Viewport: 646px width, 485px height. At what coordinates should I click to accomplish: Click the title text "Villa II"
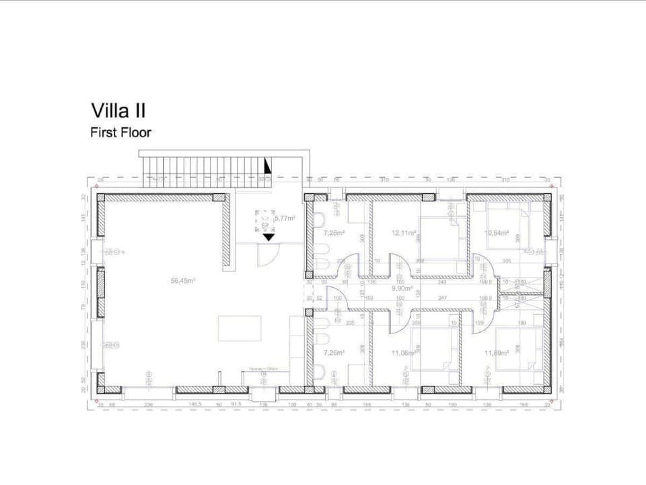pos(118,110)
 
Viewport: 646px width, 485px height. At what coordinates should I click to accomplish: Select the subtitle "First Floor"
pos(120,133)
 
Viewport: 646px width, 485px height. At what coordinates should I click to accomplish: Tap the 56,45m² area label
pos(183,281)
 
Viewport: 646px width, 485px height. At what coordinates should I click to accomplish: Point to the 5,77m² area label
pos(283,218)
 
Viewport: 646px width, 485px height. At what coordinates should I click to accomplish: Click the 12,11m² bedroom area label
pos(402,233)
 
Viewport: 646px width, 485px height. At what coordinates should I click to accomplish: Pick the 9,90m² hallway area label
pos(402,288)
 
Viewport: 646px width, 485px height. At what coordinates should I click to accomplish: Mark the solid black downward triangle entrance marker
pos(268,236)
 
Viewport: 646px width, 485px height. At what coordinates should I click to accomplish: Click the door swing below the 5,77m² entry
pos(267,255)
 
